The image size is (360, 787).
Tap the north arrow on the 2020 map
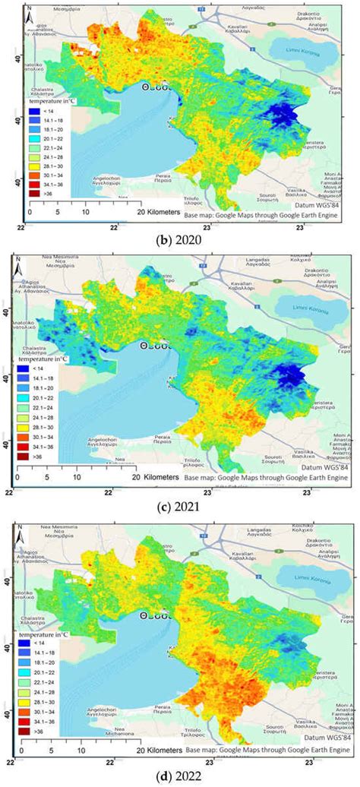28,13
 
